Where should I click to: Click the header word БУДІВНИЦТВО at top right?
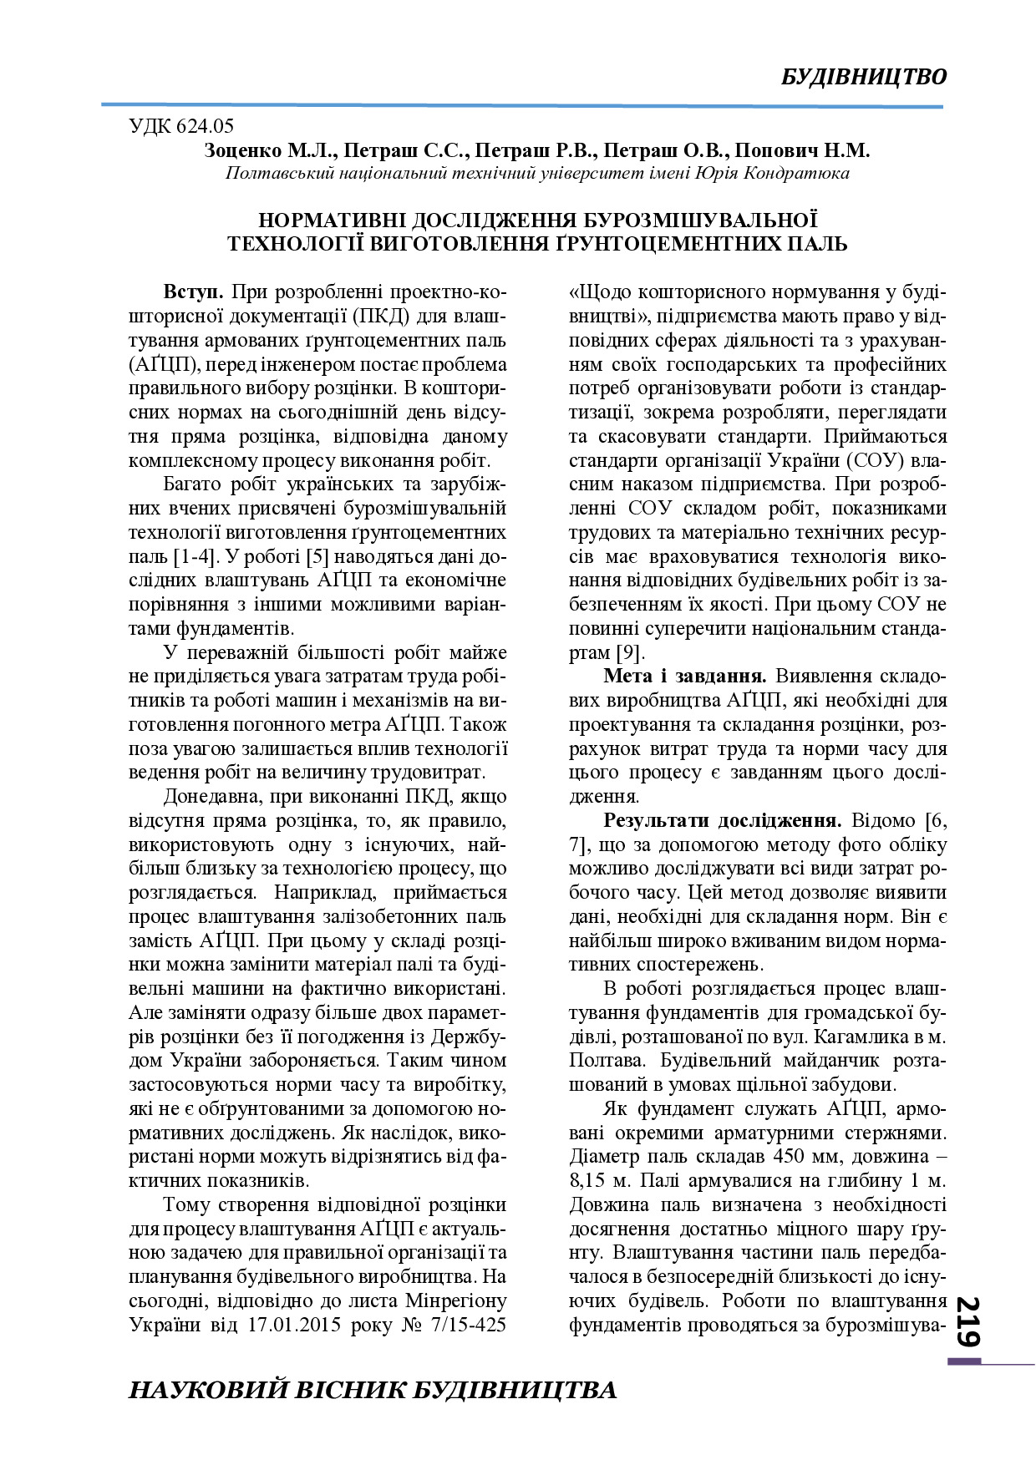pos(864,77)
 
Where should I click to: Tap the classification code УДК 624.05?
pos(181,127)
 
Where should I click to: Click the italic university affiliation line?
pos(537,174)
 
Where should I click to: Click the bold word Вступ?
pos(193,293)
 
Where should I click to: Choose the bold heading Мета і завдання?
pos(684,677)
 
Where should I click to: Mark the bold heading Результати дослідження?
pos(722,821)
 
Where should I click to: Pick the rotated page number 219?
pos(967,1321)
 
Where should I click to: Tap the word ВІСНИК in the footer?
pos(344,1390)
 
